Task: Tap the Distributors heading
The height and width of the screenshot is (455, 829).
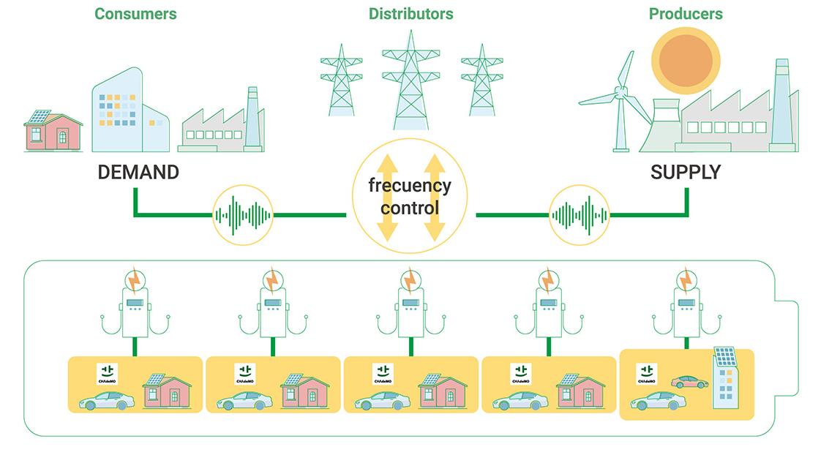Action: click(410, 14)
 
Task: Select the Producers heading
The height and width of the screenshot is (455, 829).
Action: click(686, 14)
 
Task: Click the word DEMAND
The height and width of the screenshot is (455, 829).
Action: click(138, 173)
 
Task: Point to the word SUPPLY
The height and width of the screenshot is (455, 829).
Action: click(685, 173)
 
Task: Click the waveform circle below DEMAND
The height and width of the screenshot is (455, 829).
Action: click(241, 216)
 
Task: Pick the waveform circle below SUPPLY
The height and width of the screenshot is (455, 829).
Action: click(579, 216)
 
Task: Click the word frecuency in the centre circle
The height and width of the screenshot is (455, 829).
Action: click(410, 184)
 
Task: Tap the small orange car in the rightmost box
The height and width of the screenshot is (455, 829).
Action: click(688, 382)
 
